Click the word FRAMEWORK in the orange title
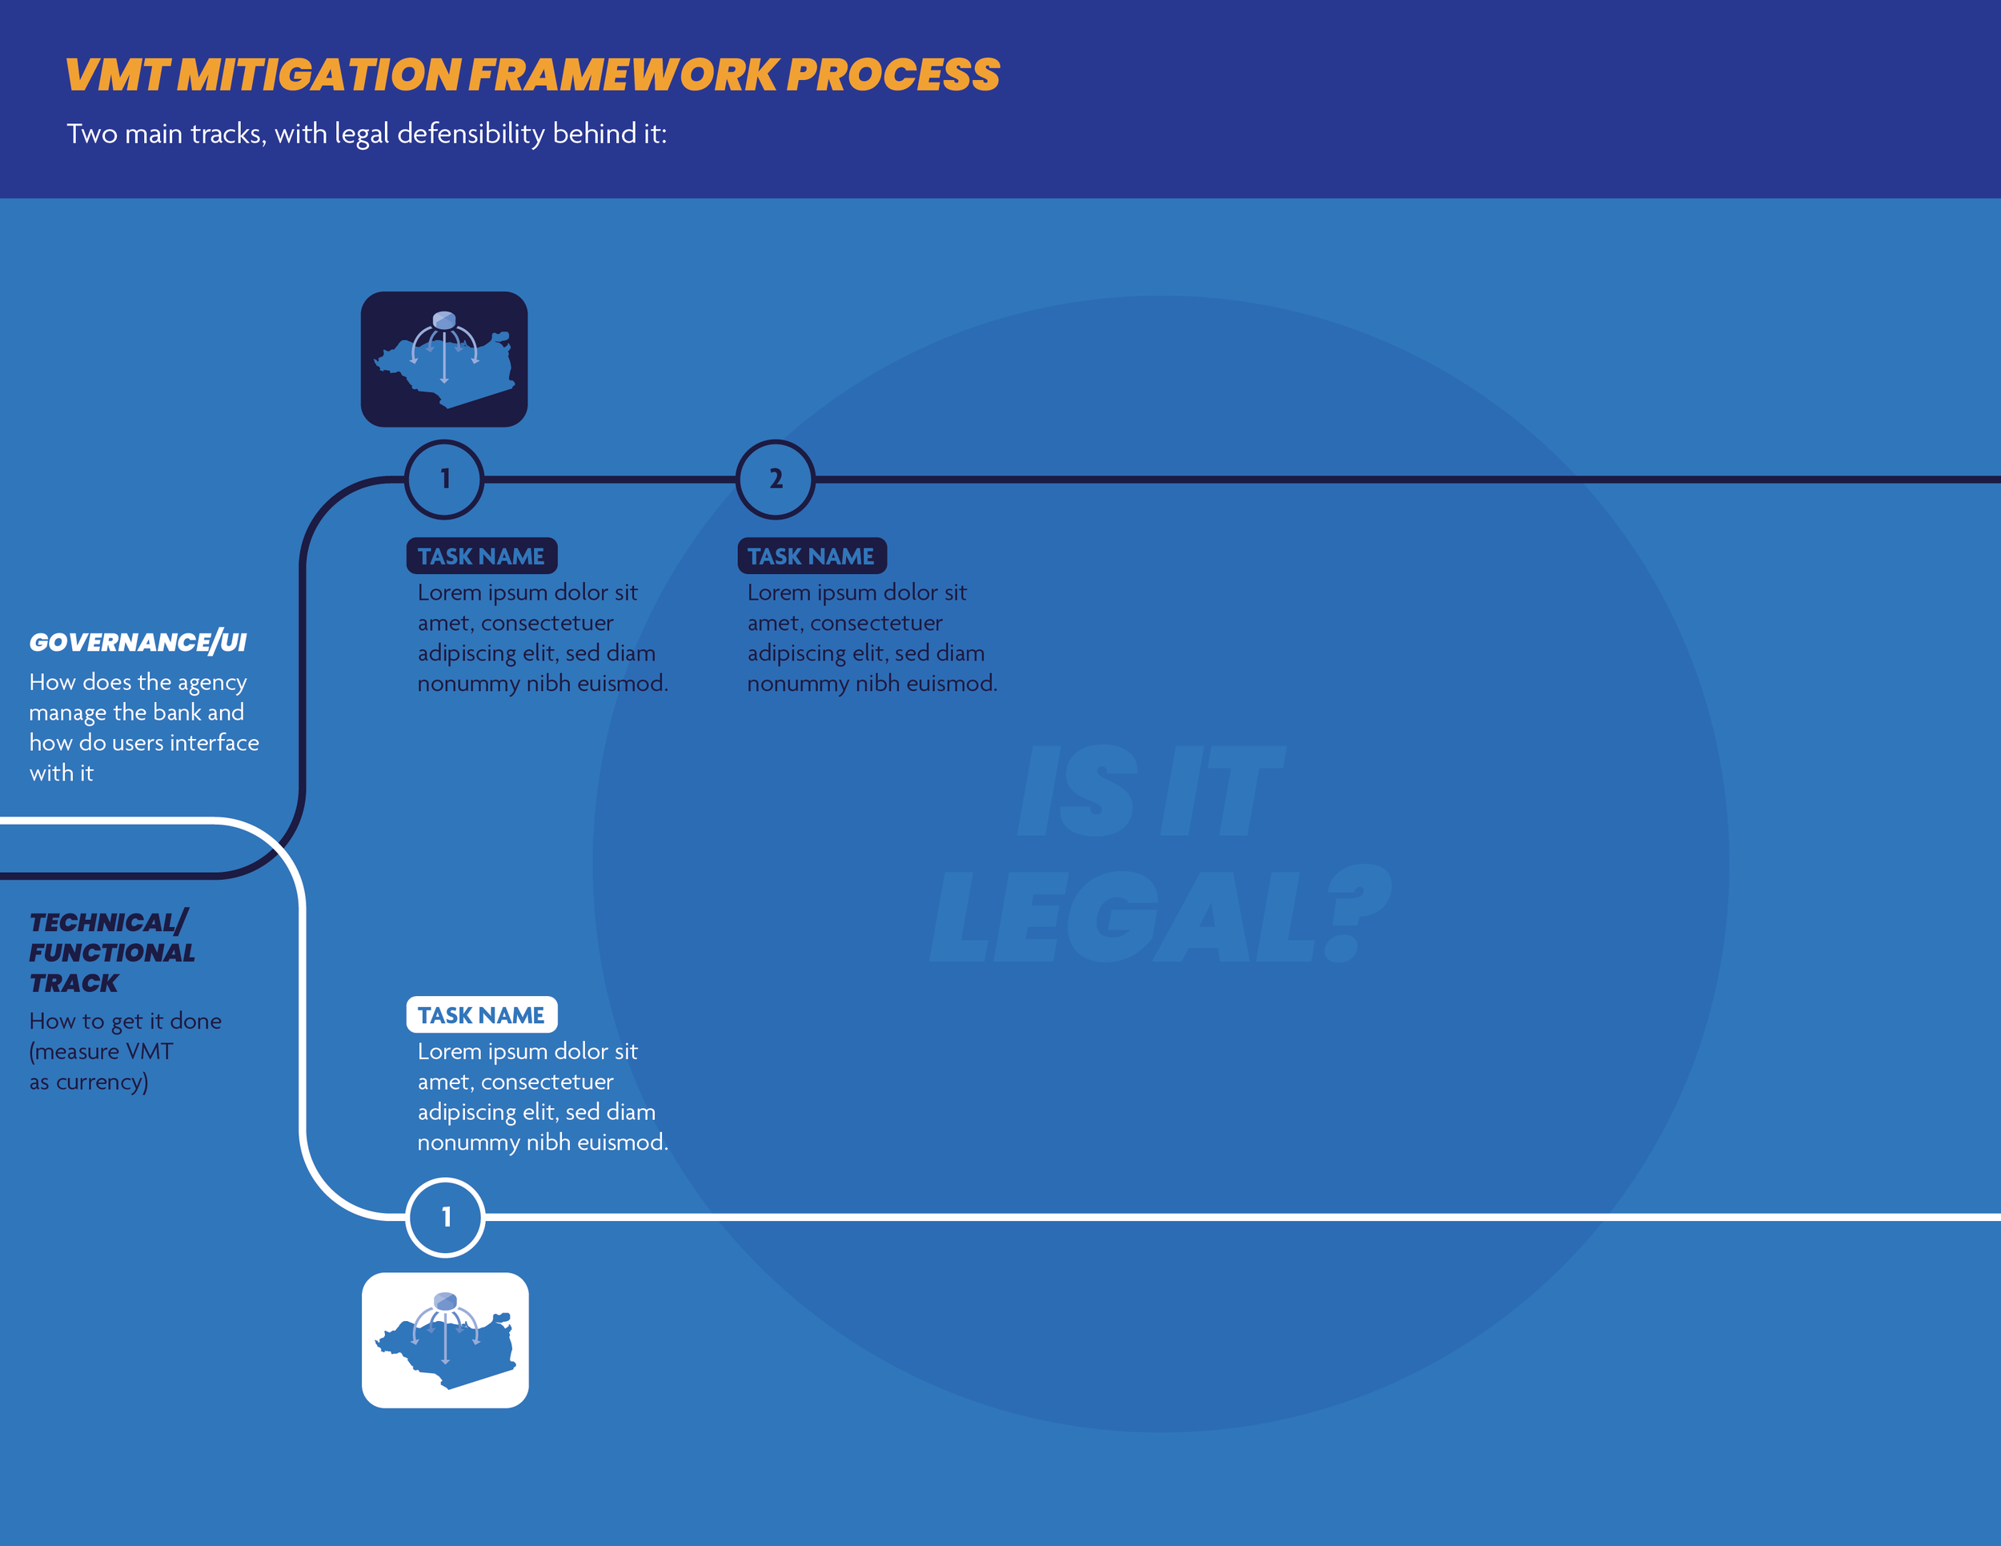pos(622,75)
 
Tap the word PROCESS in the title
pos(893,75)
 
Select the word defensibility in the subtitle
pos(471,134)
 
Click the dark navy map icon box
pos(444,359)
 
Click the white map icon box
pos(445,1339)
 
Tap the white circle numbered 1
pos(445,1217)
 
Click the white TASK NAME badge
pos(481,1014)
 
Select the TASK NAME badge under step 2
pos(811,556)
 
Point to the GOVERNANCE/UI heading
pos(138,642)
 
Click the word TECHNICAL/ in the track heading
pos(108,922)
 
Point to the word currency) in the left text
pos(102,1082)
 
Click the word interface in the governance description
pos(215,743)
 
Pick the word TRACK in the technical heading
pos(74,983)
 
